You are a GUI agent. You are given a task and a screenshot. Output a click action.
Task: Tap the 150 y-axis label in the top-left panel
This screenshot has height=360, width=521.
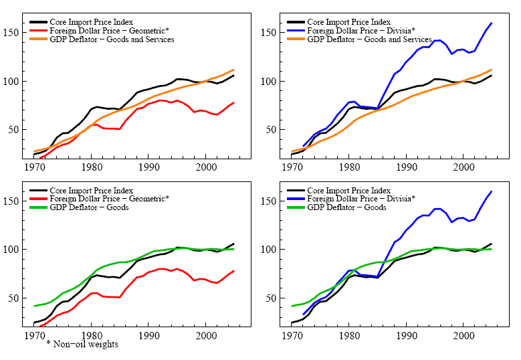coord(13,33)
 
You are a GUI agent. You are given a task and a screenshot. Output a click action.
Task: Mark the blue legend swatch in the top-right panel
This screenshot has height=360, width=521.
coord(296,31)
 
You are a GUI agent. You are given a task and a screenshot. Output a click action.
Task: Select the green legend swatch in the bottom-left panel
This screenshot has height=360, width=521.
coord(39,207)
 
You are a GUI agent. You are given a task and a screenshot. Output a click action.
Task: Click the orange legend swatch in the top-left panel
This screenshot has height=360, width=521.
coord(39,39)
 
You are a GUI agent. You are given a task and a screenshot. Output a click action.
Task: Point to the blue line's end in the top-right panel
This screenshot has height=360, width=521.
coord(492,23)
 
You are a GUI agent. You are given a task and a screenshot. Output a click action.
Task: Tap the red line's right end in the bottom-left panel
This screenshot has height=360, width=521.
coord(233,271)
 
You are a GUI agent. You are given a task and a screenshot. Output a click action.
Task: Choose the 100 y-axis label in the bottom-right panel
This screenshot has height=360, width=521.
coord(270,250)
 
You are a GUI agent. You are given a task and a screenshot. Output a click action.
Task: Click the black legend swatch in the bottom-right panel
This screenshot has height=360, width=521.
coord(296,190)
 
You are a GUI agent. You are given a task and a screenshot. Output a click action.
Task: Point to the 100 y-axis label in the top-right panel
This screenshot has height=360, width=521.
coord(270,82)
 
